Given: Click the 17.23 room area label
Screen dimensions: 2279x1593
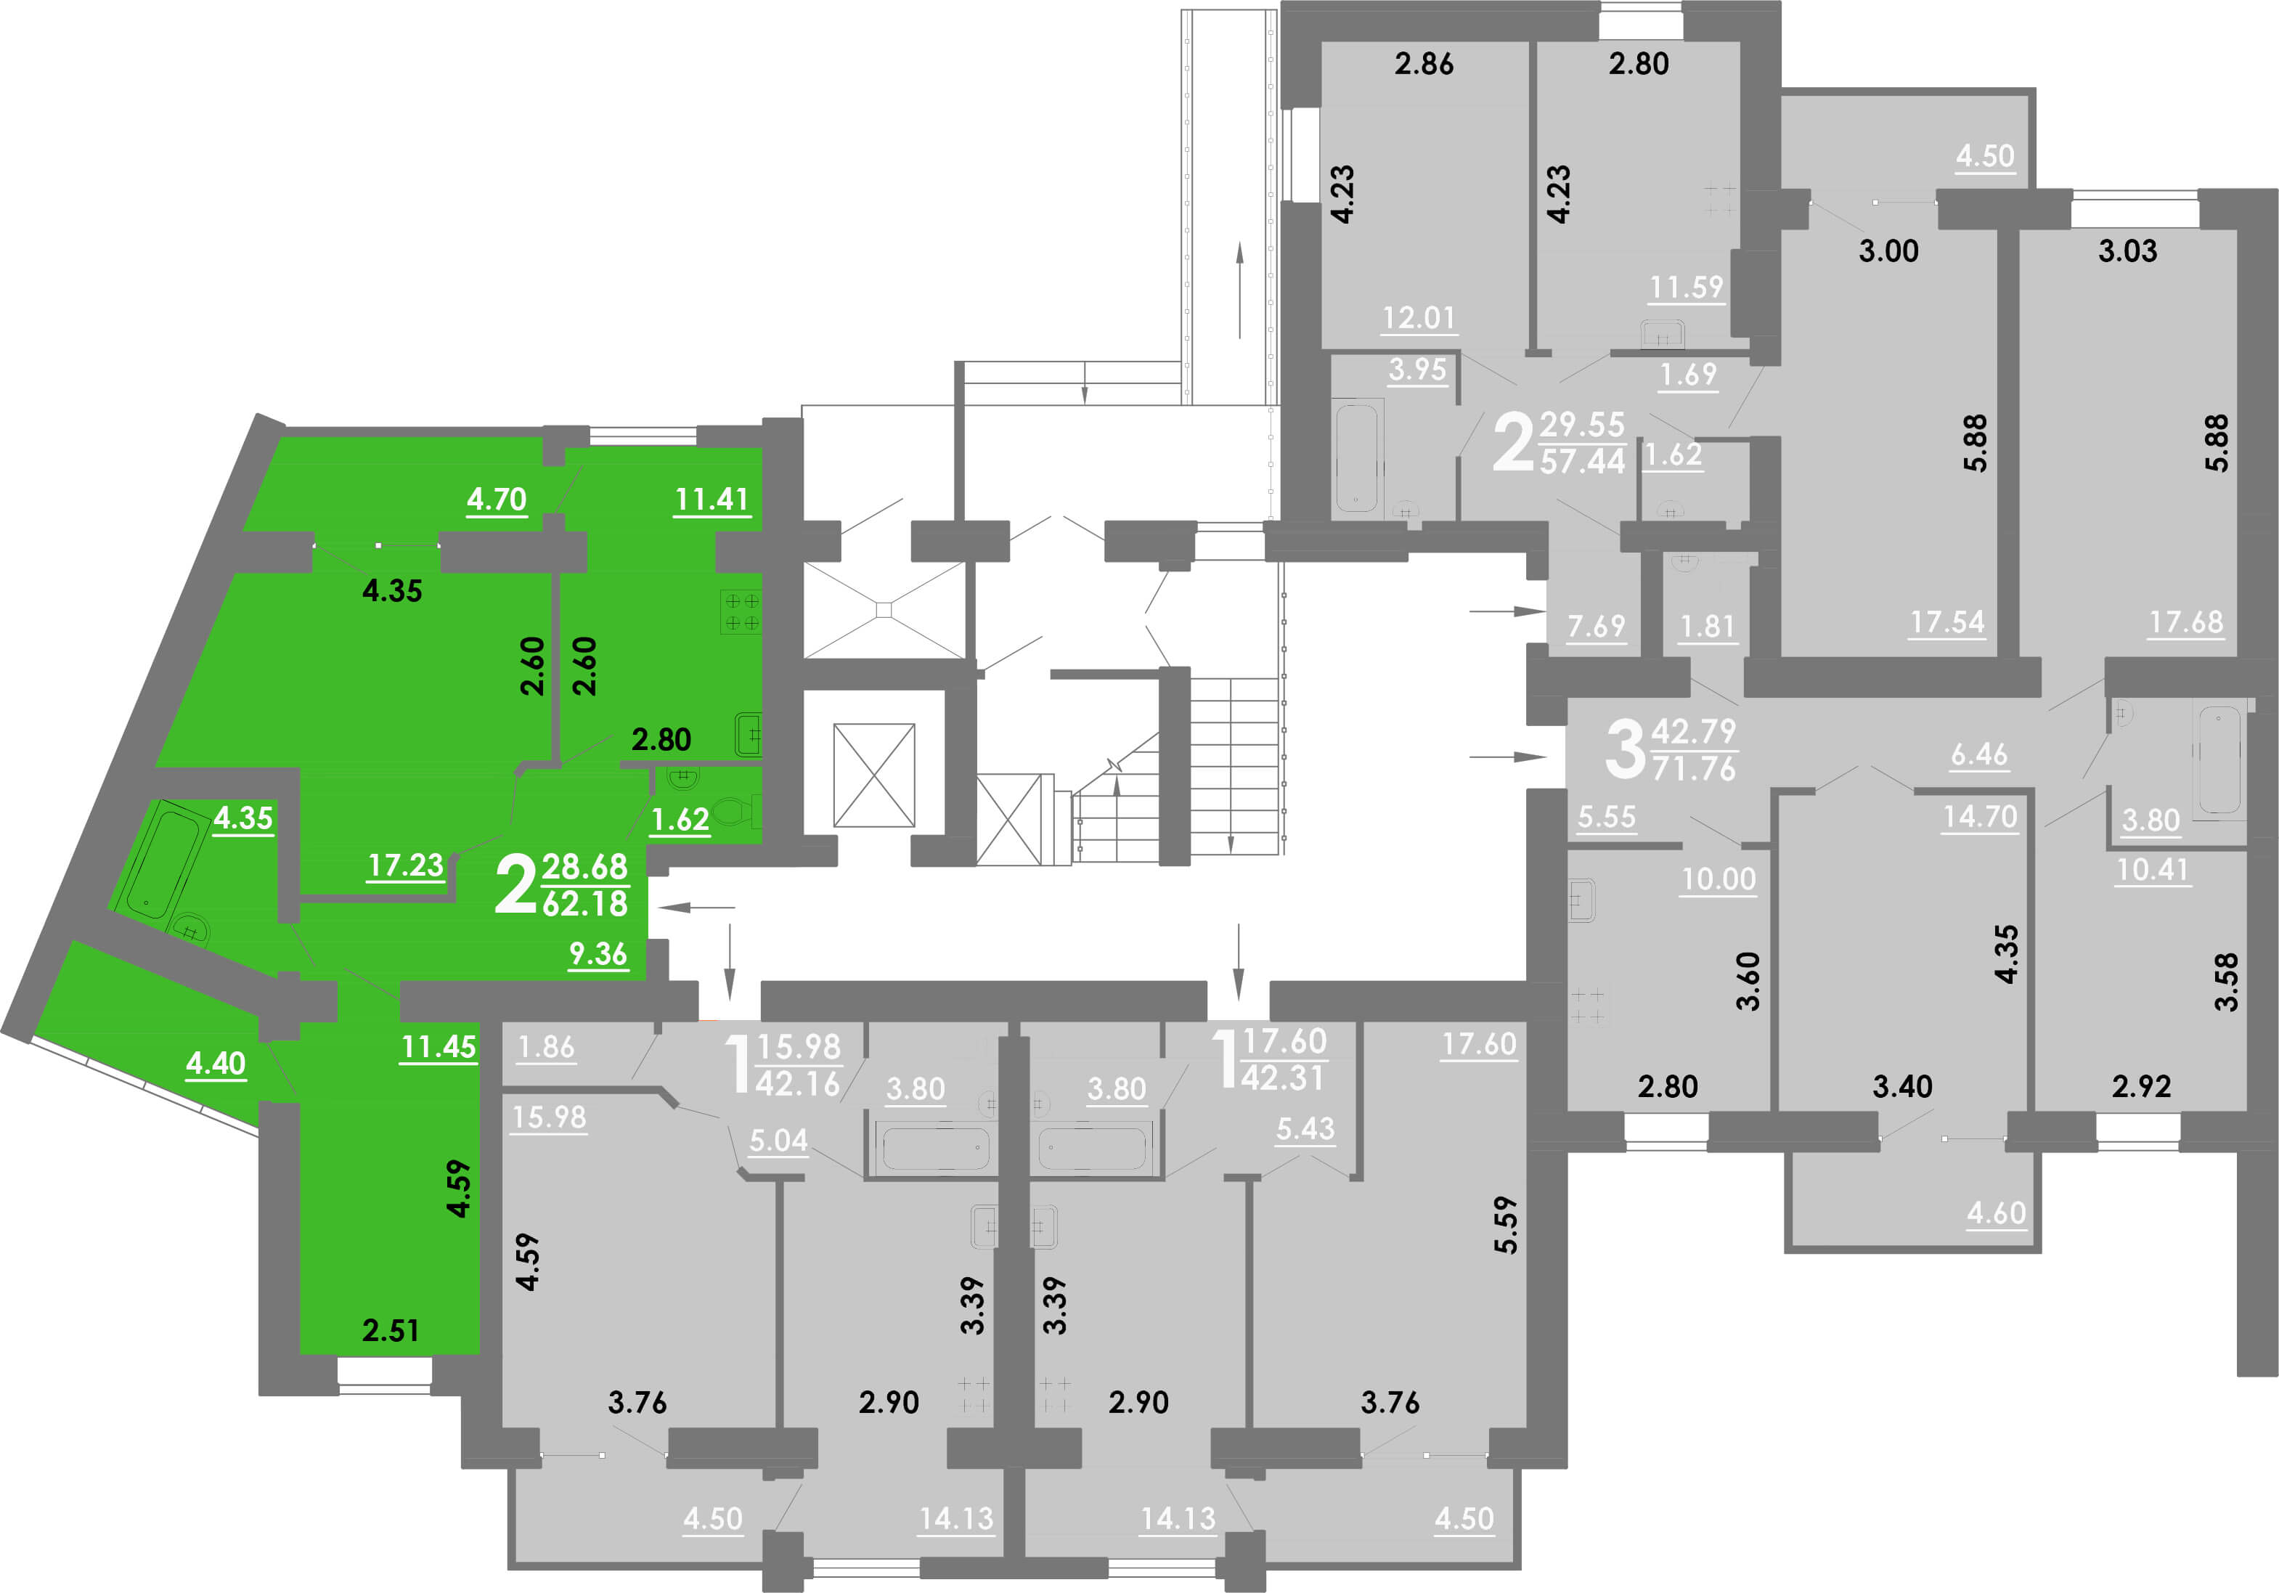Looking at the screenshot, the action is point(405,865).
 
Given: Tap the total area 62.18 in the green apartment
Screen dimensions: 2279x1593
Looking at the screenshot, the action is point(584,903).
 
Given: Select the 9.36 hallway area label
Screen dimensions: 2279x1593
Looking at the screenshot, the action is point(598,954).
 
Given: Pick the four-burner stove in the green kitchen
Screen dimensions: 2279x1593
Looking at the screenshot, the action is point(741,611).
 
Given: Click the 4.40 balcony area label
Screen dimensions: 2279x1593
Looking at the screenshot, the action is point(216,1063).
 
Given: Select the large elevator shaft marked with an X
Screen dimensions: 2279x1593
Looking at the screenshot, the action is point(873,775).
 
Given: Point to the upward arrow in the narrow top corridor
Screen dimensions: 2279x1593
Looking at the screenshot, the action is point(1240,290).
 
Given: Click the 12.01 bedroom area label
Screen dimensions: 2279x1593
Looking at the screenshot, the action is point(1419,317).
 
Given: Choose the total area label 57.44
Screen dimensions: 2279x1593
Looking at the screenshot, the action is point(1582,460).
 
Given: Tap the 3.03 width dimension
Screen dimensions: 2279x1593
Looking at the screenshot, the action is point(2127,250).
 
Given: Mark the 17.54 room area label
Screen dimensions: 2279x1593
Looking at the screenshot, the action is point(1947,622).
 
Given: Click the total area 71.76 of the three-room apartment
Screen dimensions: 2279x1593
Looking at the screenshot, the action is point(1693,768).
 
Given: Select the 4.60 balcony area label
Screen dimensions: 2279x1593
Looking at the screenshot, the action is point(1996,1213).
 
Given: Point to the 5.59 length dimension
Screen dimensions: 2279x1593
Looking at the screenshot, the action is point(1506,1225).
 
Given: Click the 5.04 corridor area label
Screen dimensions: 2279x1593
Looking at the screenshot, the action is point(778,1139).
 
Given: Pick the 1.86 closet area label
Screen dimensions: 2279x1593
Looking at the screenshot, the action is point(546,1046).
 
